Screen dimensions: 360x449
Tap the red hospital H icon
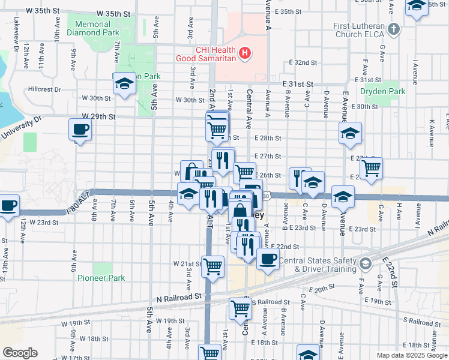[244, 53]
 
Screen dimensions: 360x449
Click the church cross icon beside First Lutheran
[393, 28]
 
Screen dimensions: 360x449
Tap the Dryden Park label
[382, 92]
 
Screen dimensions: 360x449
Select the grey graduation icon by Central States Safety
[364, 263]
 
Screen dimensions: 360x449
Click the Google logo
[20, 353]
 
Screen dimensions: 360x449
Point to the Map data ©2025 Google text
[411, 356]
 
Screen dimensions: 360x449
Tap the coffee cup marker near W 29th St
[80, 129]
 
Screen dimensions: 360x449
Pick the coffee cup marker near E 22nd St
[268, 259]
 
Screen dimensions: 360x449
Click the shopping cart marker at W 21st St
[213, 266]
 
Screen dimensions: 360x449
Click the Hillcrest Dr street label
[44, 89]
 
